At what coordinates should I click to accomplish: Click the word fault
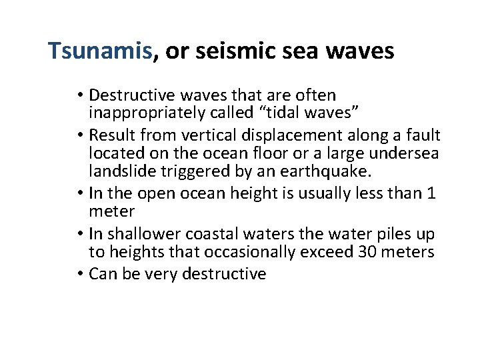[423, 135]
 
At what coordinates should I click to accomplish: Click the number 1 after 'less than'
[432, 194]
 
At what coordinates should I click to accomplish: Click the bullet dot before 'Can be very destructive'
[80, 274]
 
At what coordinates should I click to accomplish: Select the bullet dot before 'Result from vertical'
[80, 136]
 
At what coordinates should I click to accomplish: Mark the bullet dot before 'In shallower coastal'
[80, 235]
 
